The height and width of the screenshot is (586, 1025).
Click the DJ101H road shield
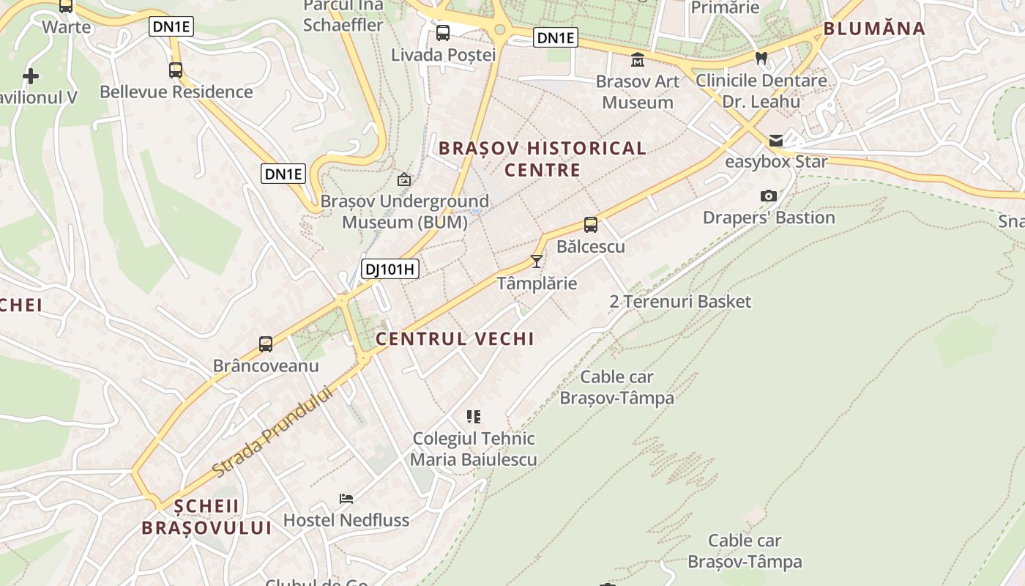pos(391,269)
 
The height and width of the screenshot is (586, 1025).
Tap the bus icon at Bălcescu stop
pos(590,225)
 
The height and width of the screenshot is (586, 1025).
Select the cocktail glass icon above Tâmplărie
pos(537,262)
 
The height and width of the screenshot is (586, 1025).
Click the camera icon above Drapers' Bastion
pos(768,196)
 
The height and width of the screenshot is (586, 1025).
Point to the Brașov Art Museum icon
pos(638,59)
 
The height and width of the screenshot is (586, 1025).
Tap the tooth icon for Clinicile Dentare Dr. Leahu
pos(761,58)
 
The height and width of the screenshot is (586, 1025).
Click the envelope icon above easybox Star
pos(775,141)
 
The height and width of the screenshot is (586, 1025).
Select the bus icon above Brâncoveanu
pos(266,344)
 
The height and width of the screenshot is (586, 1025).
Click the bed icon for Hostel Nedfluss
pos(346,499)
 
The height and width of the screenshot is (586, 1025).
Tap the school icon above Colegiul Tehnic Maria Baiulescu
pos(474,417)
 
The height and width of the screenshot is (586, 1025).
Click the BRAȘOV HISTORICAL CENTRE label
pos(543,159)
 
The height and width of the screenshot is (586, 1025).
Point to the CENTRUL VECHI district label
pos(455,338)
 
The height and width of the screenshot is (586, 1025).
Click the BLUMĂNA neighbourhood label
pos(874,29)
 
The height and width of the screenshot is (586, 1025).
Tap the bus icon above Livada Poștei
pos(443,33)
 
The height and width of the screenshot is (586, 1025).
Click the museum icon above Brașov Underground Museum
pos(403,179)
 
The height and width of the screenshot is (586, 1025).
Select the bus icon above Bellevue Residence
pos(176,70)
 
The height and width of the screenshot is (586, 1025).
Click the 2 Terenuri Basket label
pos(680,301)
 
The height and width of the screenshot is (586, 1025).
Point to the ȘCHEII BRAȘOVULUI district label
pos(206,516)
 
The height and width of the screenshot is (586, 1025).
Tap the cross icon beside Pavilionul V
pos(31,75)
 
